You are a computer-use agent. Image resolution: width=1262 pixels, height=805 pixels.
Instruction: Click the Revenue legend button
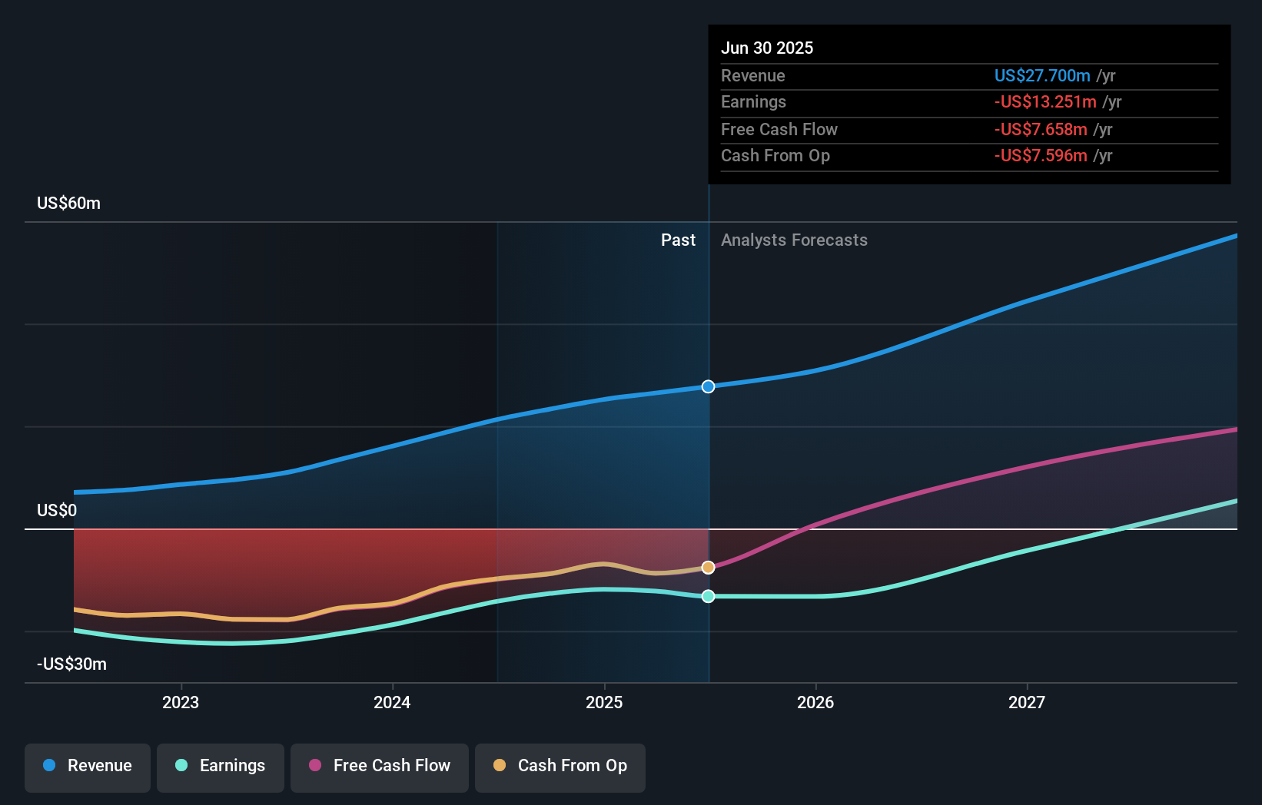(88, 766)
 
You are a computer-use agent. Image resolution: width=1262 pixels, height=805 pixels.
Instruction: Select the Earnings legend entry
(221, 766)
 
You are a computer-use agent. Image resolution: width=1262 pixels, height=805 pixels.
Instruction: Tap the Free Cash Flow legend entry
(380, 766)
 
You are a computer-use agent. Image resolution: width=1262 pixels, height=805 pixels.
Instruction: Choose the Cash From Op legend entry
(560, 766)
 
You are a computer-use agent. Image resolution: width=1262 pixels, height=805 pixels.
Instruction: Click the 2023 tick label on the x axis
(181, 702)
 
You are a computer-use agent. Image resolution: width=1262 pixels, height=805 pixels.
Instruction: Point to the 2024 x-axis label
(392, 702)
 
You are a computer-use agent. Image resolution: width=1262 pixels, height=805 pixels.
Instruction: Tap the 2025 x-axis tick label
(604, 702)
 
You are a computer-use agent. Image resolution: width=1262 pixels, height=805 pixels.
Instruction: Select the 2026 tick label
(815, 702)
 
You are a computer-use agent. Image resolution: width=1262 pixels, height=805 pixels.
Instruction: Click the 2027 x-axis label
(1027, 702)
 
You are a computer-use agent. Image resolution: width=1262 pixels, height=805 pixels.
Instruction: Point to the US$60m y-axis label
(68, 204)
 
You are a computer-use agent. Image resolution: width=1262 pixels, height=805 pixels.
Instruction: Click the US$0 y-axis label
(57, 511)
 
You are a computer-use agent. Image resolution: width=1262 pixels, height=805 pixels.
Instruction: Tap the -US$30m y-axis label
(71, 664)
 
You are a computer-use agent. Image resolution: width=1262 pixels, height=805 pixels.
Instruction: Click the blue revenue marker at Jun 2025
(709, 386)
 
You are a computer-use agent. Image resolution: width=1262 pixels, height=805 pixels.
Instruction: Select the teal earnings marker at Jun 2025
(709, 596)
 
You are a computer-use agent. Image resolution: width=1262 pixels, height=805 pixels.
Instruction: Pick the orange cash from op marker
(709, 568)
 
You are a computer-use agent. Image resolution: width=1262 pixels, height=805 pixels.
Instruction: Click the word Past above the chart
(678, 240)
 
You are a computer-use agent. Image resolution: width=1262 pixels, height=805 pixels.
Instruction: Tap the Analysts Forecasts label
(794, 240)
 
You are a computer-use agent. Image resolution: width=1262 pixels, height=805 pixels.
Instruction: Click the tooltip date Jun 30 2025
(767, 48)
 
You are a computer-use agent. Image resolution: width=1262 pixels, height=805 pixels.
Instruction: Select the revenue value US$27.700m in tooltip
(1042, 76)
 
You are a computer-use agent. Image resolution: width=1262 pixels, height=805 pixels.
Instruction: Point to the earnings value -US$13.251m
(1045, 102)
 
